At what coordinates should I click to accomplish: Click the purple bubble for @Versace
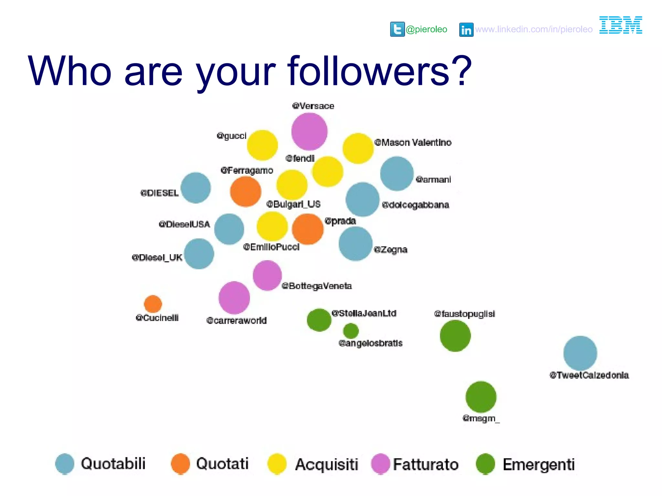309,131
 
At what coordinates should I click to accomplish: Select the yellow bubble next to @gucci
262,145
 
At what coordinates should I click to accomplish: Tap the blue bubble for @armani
397,173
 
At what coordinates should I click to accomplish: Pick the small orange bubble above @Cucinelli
153,304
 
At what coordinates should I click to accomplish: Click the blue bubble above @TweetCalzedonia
580,353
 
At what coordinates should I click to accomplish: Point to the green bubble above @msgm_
481,397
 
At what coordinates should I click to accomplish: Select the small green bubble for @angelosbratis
351,331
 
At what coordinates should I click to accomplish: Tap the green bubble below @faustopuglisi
455,336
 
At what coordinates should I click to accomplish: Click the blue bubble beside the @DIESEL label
196,188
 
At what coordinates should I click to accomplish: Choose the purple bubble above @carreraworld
234,298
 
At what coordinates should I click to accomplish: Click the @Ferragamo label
247,170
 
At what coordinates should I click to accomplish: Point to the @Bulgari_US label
293,204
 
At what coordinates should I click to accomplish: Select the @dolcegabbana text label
415,205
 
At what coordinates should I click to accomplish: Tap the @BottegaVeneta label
316,286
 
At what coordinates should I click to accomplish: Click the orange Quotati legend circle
180,464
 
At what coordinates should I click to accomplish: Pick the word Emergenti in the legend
539,465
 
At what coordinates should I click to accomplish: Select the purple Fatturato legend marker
381,464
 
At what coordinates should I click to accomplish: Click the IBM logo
621,25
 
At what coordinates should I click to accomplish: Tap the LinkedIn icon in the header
466,30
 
